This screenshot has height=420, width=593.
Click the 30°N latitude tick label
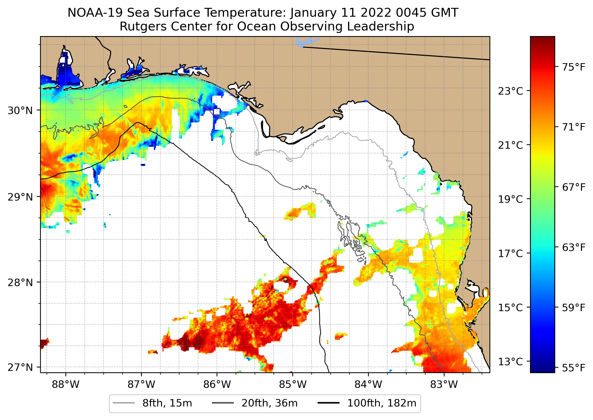(20, 111)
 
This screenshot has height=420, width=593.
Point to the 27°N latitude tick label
(20, 367)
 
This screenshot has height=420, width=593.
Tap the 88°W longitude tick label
(65, 385)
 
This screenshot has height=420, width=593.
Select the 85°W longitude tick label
(293, 385)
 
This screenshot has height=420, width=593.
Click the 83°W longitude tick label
(444, 385)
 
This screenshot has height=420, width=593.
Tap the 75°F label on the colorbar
(573, 67)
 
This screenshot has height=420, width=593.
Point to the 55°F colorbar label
(573, 367)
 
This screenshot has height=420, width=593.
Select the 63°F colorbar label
(573, 247)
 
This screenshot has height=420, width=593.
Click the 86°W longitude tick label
(217, 385)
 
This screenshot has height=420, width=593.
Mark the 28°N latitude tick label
(20, 283)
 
